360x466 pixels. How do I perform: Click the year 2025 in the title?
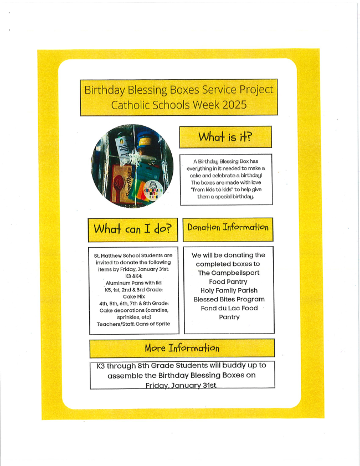coord(233,105)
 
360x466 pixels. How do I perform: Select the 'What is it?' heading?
coord(225,136)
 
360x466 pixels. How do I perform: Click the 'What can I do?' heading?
coord(133,229)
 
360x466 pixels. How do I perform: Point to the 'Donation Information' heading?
coord(228,227)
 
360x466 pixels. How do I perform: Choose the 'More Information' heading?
coord(182,348)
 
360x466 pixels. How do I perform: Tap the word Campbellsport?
coord(228,273)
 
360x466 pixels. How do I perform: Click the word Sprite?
coord(161,324)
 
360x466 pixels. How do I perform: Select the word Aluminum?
coord(117,282)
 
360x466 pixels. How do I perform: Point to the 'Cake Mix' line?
coord(132,296)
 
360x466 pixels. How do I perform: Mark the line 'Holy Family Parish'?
coord(228,290)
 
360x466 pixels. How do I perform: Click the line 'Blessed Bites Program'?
coord(229,299)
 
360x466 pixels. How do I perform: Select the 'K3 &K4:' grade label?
coord(132,275)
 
